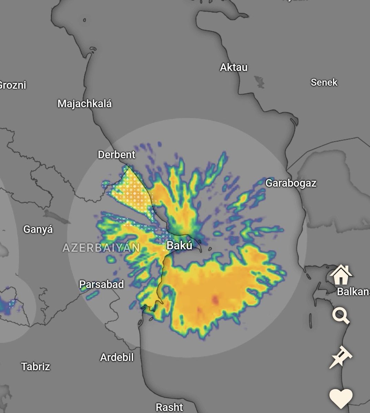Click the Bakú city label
coord(179,245)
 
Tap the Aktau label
coord(234,67)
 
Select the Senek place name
coord(324,83)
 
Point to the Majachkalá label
coord(84,104)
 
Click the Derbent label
coord(116,155)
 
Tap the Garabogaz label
coord(291,183)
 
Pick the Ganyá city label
coord(38,229)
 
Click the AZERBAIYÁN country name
coord(101,248)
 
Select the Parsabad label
coord(101,285)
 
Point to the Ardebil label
coord(117,358)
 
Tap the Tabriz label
coord(35,367)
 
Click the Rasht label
coord(169,407)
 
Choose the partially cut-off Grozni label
coord(13,85)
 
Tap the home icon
coord(341,274)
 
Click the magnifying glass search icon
coord(340,315)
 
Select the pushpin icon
coord(340,357)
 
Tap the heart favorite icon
coord(341,398)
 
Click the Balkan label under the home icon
coord(353,292)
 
